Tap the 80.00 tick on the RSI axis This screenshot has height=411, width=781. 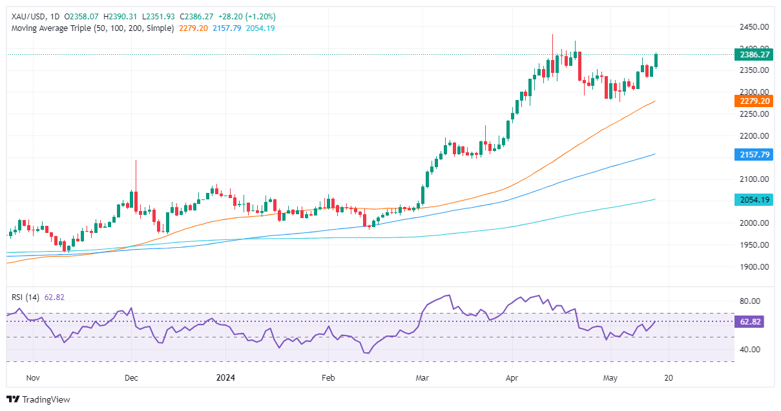point(749,301)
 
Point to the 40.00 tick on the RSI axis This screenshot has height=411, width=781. point(749,349)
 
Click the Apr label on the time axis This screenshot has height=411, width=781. point(512,378)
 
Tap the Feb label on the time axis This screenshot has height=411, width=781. point(328,378)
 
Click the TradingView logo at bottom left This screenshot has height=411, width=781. point(38,399)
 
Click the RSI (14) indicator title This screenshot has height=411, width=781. point(26,297)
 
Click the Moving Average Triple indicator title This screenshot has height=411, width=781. point(92,28)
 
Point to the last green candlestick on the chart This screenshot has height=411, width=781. point(656,60)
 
